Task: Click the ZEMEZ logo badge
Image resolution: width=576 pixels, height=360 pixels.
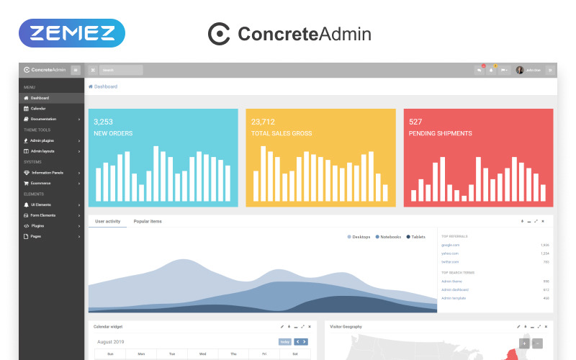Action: point(72,33)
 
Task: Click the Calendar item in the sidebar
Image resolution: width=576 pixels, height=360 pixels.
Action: point(38,108)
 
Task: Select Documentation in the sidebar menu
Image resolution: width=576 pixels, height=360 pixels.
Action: point(43,119)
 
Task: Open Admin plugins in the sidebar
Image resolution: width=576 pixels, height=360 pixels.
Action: point(42,140)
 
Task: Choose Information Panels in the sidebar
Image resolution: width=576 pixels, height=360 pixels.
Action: point(47,173)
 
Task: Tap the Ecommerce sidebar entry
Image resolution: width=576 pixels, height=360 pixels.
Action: point(40,183)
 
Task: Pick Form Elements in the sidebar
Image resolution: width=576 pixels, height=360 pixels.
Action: point(43,215)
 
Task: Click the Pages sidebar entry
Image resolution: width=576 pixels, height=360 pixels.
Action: point(36,236)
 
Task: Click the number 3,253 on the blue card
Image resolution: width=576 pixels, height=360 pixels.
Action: point(103,122)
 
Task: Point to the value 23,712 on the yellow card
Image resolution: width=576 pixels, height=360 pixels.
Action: point(263,122)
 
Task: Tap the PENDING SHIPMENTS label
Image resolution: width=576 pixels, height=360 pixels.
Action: point(440,133)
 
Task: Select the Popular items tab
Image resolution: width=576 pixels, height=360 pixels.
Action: point(148,221)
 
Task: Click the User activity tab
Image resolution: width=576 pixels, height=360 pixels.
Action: point(107,221)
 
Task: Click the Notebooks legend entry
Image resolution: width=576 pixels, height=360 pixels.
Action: point(390,237)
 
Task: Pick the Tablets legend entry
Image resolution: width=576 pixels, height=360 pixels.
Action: point(418,237)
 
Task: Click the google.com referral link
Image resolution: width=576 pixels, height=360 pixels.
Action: point(450,245)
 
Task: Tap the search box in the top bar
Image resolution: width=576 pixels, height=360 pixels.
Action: point(121,70)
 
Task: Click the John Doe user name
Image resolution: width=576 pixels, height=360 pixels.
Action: point(532,70)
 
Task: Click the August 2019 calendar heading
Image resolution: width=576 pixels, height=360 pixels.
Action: point(111,341)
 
